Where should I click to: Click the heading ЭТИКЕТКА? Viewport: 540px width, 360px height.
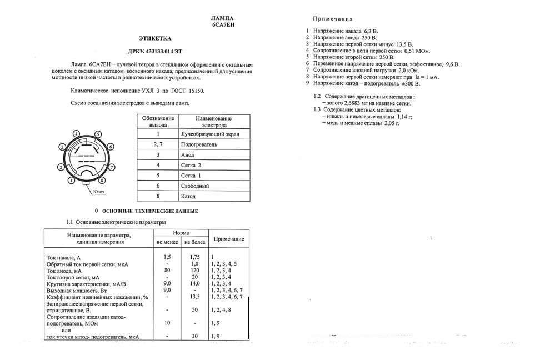pos(155,38)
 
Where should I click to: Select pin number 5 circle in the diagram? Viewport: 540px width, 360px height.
pos(98,134)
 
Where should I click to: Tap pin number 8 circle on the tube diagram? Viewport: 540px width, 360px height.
pos(102,181)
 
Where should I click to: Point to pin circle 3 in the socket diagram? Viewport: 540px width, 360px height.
pos(63,147)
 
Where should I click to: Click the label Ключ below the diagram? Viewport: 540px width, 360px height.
pos(98,192)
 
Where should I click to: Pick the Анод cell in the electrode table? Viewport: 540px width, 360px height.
pos(188,154)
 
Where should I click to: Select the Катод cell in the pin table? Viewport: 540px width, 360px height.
pos(188,196)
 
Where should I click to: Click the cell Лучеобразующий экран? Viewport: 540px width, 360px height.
pos(211,134)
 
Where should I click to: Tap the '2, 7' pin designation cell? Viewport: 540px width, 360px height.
pos(158,144)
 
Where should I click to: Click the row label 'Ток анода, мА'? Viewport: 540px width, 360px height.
pos(64,270)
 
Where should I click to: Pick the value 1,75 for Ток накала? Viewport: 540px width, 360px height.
pos(194,257)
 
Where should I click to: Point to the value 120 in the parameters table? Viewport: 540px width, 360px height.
pos(194,270)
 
